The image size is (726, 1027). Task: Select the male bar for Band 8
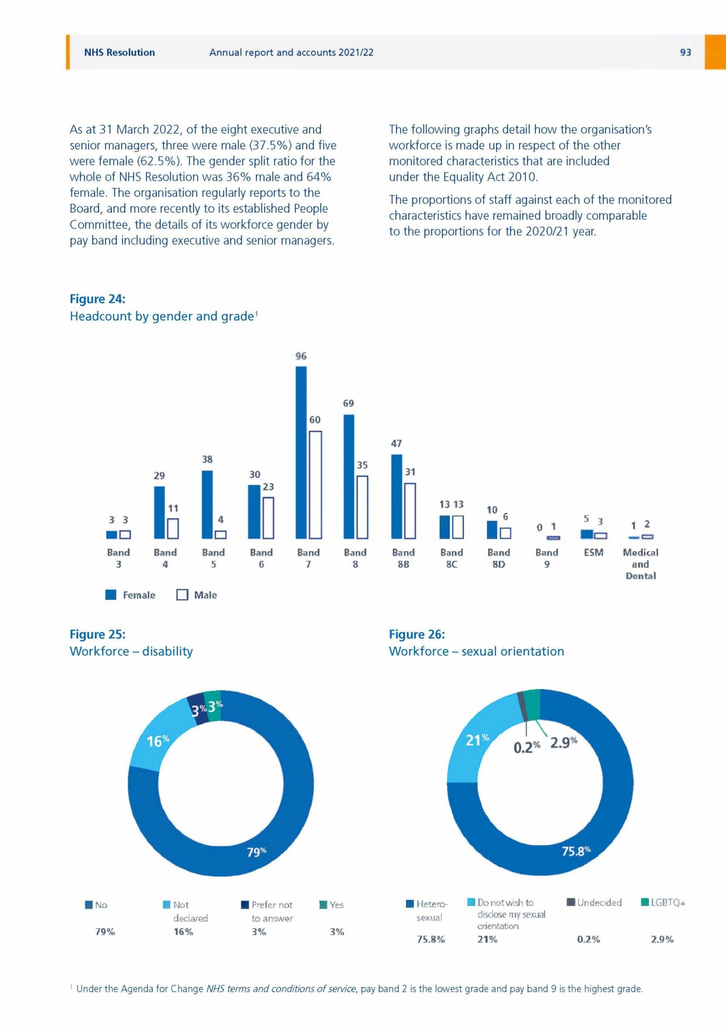pos(362,507)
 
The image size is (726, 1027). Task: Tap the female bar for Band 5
pos(207,504)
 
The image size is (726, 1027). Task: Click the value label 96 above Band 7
pos(301,356)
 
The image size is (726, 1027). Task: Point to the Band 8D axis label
pos(498,558)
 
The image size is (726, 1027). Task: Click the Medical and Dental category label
pos(640,564)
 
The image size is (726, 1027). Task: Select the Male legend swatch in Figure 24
pos(182,595)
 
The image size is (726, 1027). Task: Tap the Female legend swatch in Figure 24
pos(111,595)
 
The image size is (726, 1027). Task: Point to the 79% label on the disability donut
pos(256,852)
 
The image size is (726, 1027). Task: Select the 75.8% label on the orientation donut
pos(576,851)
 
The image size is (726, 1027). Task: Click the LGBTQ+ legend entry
pos(662,903)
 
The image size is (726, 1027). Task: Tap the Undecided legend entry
pos(594,903)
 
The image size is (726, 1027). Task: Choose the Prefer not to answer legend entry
pos(268,911)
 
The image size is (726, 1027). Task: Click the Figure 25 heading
pos(98,634)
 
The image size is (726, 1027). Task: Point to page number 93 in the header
pos(686,52)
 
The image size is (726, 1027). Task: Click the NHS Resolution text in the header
pos(120,52)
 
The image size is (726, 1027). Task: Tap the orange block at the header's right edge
pos(715,52)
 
